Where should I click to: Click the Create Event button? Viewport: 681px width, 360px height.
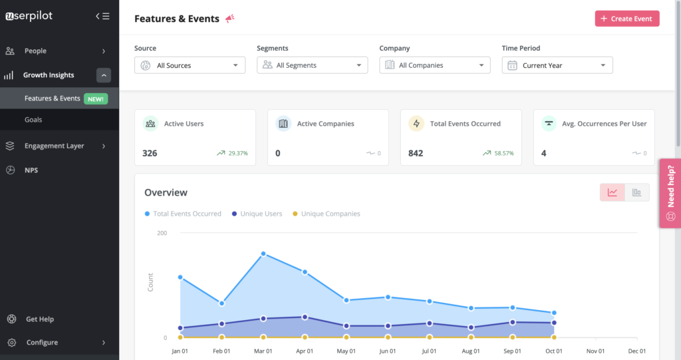(x=626, y=19)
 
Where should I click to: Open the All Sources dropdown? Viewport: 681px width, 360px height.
(x=190, y=65)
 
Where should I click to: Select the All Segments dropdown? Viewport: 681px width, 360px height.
(x=312, y=65)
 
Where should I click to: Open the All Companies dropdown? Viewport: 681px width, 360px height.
(x=434, y=65)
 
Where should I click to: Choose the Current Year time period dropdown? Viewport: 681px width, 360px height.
(x=557, y=65)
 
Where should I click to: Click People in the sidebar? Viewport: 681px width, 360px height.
(x=35, y=51)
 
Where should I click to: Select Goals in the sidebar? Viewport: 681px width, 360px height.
(x=33, y=120)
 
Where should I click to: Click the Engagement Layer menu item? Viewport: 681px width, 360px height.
(x=54, y=146)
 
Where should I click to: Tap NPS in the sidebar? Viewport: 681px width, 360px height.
(x=31, y=170)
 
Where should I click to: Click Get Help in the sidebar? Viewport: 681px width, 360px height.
(x=39, y=319)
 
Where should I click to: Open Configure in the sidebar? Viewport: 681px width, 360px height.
(x=41, y=343)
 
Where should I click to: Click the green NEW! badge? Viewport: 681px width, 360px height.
(x=96, y=98)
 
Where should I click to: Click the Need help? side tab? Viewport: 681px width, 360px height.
(x=670, y=193)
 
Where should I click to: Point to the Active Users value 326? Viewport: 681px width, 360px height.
(x=150, y=153)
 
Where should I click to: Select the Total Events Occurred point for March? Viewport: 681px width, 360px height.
(x=263, y=254)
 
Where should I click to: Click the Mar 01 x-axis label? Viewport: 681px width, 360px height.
(x=263, y=351)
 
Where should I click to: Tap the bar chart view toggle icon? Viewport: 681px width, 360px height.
(x=636, y=192)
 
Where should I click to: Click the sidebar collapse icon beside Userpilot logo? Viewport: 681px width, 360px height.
(x=102, y=16)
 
